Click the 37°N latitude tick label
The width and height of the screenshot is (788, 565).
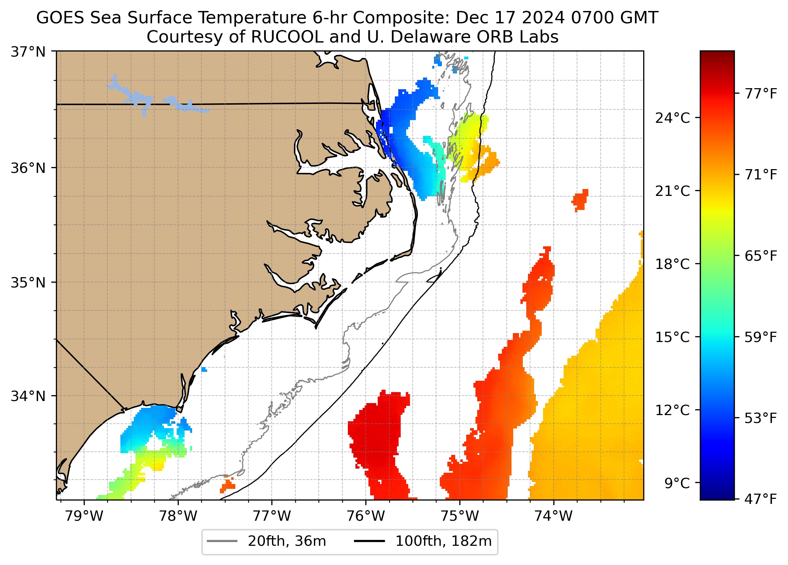pyautogui.click(x=28, y=52)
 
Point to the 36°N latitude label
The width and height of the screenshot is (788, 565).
pyautogui.click(x=28, y=168)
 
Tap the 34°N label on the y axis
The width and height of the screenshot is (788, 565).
pyautogui.click(x=28, y=396)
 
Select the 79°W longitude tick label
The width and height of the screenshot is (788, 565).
pyautogui.click(x=84, y=516)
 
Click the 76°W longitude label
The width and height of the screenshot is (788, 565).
pyautogui.click(x=366, y=516)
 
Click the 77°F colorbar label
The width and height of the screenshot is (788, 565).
pyautogui.click(x=761, y=94)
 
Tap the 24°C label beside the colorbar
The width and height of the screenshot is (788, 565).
pyautogui.click(x=672, y=118)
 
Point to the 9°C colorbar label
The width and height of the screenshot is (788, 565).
pyautogui.click(x=677, y=483)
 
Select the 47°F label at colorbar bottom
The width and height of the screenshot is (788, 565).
pyautogui.click(x=761, y=499)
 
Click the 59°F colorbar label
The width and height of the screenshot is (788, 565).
pyautogui.click(x=761, y=337)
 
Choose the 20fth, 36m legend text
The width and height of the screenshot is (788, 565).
pyautogui.click(x=287, y=541)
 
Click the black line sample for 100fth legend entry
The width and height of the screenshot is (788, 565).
pyautogui.click(x=369, y=541)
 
